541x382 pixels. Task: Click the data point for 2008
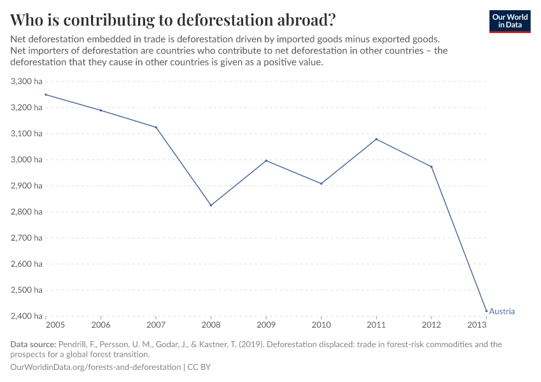click(x=211, y=205)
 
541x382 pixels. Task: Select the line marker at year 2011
click(x=376, y=139)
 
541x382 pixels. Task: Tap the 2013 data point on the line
click(x=486, y=311)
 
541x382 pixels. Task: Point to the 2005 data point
click(x=46, y=95)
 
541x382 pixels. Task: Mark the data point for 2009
click(x=266, y=160)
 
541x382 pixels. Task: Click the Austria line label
click(x=502, y=311)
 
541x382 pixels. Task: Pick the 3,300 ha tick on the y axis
click(x=27, y=81)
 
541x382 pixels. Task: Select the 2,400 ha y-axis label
click(x=27, y=316)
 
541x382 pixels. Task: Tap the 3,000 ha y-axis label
click(x=27, y=160)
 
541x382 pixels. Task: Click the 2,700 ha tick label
click(x=27, y=238)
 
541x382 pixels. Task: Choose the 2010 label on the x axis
click(x=321, y=325)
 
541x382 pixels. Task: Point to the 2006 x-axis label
click(x=101, y=325)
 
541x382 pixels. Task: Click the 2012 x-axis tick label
click(x=432, y=325)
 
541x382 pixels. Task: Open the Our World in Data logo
click(x=509, y=20)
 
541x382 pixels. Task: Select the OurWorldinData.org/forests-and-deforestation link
click(x=95, y=367)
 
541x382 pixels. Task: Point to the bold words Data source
click(x=32, y=344)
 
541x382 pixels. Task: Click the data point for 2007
click(x=156, y=127)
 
